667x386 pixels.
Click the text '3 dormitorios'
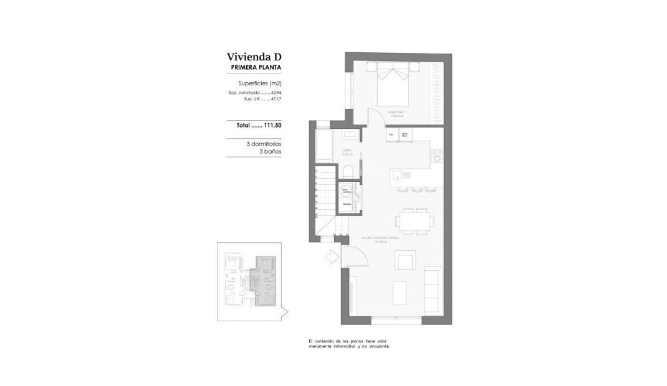(264, 144)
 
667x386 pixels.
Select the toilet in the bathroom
(349, 172)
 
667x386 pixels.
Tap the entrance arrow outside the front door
(331, 255)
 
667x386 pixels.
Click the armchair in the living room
(406, 260)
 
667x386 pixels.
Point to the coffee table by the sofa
(400, 291)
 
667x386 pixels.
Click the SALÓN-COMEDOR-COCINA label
(381, 238)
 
